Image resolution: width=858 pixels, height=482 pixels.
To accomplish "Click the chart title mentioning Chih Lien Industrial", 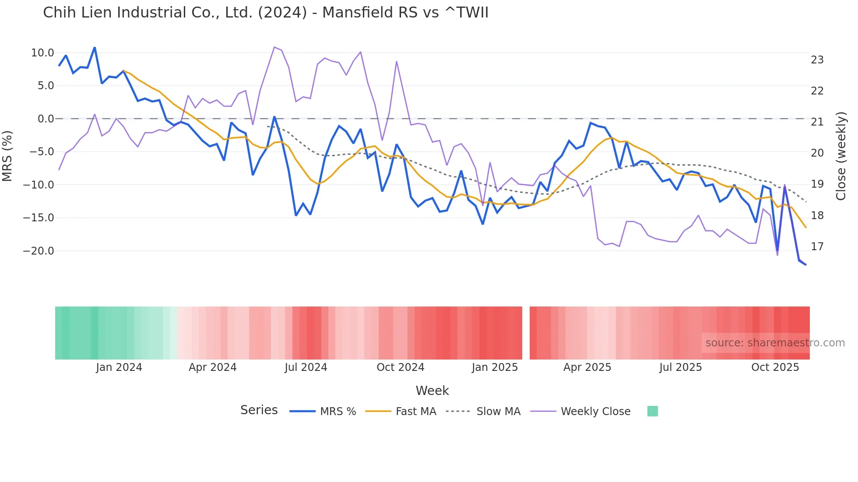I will pyautogui.click(x=265, y=13).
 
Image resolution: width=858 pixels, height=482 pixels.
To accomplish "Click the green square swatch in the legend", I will pyautogui.click(x=652, y=411).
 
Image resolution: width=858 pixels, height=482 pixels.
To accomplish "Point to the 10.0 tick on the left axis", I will pyautogui.click(x=42, y=53).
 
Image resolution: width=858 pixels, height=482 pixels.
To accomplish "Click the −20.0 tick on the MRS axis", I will pyautogui.click(x=39, y=251).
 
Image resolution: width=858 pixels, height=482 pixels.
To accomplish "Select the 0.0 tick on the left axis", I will pyautogui.click(x=46, y=119).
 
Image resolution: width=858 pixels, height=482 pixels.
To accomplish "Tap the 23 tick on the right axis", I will pyautogui.click(x=817, y=60).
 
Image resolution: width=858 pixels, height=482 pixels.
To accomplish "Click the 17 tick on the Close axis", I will pyautogui.click(x=817, y=247).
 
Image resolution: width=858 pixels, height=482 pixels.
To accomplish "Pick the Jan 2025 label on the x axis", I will pyautogui.click(x=495, y=367).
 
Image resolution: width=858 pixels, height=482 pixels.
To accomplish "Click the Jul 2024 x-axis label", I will pyautogui.click(x=306, y=367).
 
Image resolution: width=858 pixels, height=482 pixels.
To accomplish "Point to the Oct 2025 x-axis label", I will pyautogui.click(x=775, y=367).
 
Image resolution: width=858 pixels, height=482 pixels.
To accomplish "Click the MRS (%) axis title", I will pyautogui.click(x=7, y=156).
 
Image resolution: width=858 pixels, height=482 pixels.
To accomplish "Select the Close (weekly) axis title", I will pyautogui.click(x=841, y=156).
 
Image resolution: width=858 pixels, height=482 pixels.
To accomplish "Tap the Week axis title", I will pyautogui.click(x=432, y=391).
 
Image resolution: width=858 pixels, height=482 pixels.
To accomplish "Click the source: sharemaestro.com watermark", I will pyautogui.click(x=775, y=343).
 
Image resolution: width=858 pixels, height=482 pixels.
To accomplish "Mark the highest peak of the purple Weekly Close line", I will pyautogui.click(x=274, y=47).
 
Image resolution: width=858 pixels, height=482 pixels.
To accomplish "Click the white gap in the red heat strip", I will pyautogui.click(x=526, y=333).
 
